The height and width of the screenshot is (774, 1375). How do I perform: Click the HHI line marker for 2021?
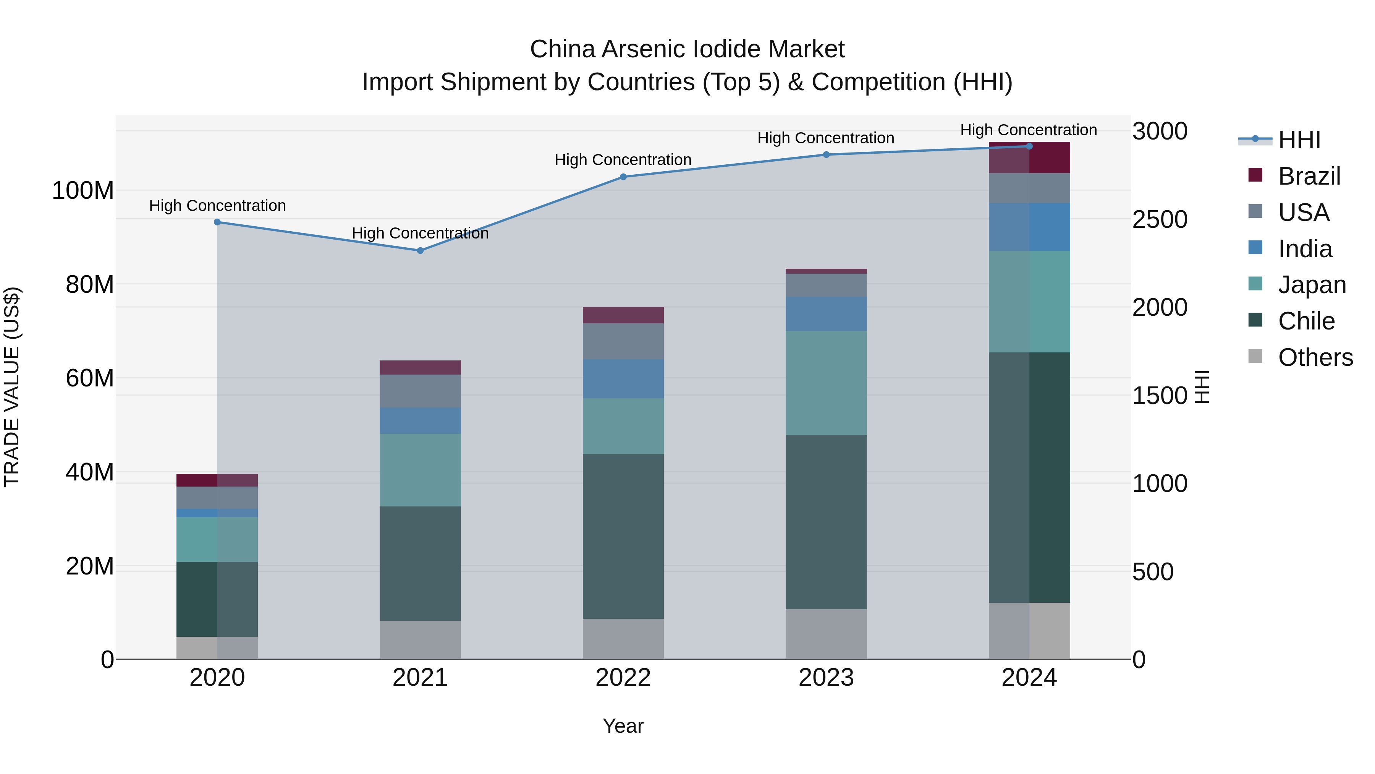tap(420, 250)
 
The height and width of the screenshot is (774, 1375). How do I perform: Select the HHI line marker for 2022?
tap(623, 177)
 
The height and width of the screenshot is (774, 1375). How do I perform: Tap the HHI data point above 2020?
tap(217, 222)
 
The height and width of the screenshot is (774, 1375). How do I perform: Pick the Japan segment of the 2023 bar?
tap(826, 383)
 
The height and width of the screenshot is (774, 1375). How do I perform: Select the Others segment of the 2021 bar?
tap(420, 639)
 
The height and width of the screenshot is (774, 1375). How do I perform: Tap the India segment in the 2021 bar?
tap(420, 420)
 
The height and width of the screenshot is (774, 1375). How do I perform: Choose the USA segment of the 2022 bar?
tap(623, 341)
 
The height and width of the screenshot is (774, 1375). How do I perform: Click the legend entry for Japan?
tap(1312, 285)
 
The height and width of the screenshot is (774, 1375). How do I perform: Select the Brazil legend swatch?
tap(1255, 175)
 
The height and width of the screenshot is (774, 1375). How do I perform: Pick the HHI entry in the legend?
tap(1299, 140)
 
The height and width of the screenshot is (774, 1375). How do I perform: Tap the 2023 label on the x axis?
tap(826, 678)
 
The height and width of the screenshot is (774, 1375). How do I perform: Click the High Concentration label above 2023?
tap(825, 138)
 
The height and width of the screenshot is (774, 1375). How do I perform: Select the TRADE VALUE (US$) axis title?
tap(12, 387)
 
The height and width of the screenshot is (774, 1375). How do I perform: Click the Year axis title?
tap(623, 726)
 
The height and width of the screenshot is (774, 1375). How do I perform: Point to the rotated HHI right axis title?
tap(1201, 387)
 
